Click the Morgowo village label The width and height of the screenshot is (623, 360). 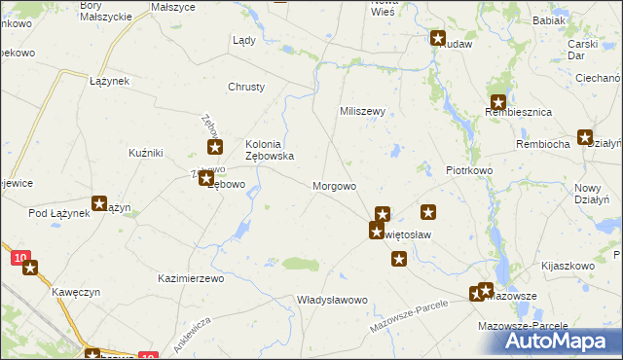click(x=334, y=185)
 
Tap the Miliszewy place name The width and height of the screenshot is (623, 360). click(x=363, y=111)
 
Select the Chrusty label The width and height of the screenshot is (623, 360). click(x=246, y=87)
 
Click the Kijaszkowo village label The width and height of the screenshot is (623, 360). click(x=568, y=265)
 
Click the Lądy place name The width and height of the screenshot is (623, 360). click(x=243, y=41)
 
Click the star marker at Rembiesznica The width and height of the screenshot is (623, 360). click(x=498, y=101)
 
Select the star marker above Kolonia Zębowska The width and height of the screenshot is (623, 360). click(x=216, y=148)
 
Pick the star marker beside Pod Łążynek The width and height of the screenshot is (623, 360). click(x=99, y=203)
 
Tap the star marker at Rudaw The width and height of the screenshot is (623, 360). click(x=438, y=39)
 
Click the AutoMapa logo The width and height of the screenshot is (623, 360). click(x=551, y=342)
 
